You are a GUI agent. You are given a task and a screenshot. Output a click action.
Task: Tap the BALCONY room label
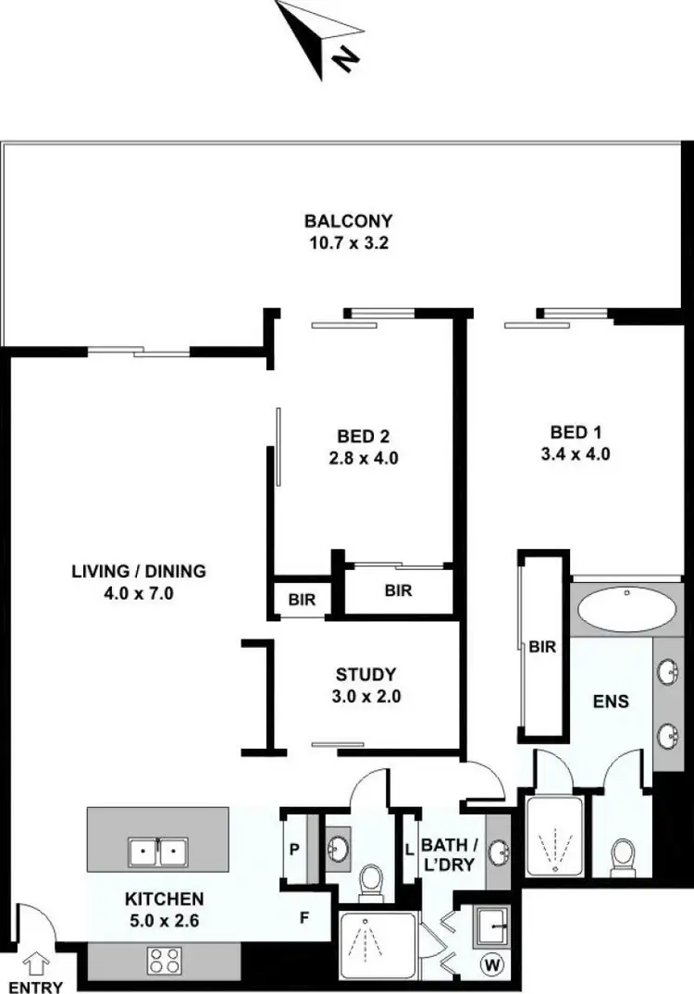point(349,221)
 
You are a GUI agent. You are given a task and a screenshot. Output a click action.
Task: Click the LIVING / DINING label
point(138,571)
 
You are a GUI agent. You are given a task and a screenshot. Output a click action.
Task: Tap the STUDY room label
point(366,675)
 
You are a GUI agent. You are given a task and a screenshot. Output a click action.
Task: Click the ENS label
point(611,702)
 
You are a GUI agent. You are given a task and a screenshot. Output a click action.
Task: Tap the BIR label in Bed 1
point(543,648)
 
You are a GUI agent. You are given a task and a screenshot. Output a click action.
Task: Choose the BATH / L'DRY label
point(449,854)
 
